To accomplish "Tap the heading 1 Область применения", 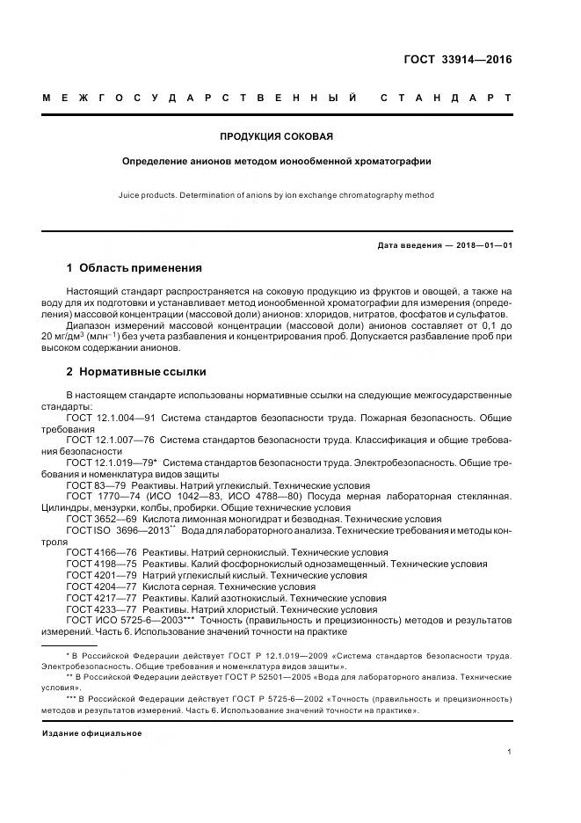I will (134, 267).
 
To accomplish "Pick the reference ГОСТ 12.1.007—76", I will (111, 439).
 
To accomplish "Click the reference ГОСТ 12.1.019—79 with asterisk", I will (113, 462).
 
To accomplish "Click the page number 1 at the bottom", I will (509, 752).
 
